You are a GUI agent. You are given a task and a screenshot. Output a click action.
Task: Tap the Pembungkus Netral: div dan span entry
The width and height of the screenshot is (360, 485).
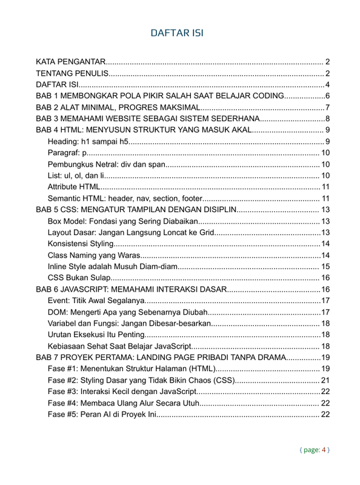point(107,164)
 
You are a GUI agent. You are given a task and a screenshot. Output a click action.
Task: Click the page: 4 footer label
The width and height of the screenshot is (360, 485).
point(315,450)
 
